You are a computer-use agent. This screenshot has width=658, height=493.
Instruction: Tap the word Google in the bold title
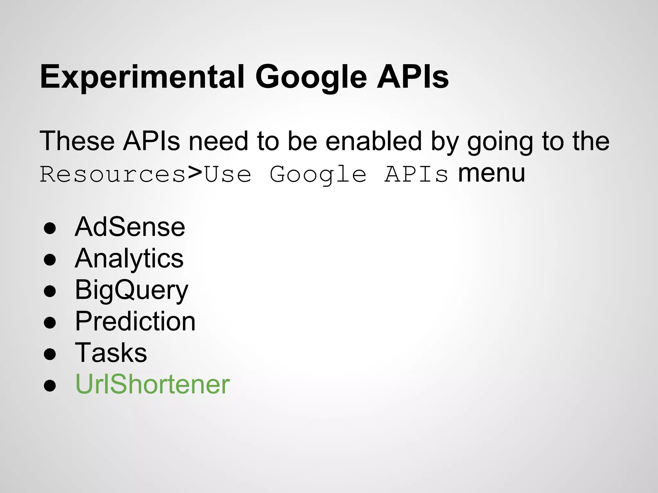pyautogui.click(x=311, y=77)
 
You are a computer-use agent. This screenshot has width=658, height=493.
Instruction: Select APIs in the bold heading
pyautogui.click(x=413, y=77)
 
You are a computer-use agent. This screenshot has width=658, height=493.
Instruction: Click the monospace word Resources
pyautogui.click(x=112, y=175)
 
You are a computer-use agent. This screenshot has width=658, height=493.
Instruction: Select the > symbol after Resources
pyautogui.click(x=195, y=173)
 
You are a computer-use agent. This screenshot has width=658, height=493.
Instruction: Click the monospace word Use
pyautogui.click(x=228, y=175)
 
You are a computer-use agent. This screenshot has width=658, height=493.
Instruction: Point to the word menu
pyautogui.click(x=491, y=173)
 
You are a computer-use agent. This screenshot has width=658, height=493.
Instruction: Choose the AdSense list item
pyautogui.click(x=130, y=227)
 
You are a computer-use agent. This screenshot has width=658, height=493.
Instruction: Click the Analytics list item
pyautogui.click(x=129, y=259)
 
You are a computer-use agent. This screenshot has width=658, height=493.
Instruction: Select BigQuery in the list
pyautogui.click(x=131, y=290)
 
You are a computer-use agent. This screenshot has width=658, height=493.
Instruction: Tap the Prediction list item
pyautogui.click(x=135, y=321)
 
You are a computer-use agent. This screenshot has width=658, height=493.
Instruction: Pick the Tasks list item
pyautogui.click(x=111, y=353)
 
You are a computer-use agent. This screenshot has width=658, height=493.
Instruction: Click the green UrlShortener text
pyautogui.click(x=152, y=384)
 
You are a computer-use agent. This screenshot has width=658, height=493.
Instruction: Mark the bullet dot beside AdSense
pyautogui.click(x=50, y=228)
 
